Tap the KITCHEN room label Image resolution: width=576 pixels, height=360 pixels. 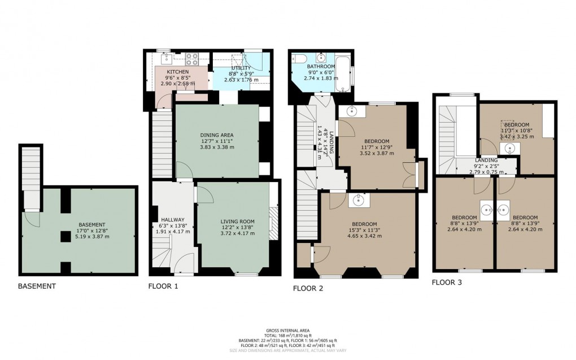[x=177, y=72]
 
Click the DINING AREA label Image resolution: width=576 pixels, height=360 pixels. [x=217, y=135]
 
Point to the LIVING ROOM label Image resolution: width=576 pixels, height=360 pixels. [x=238, y=221]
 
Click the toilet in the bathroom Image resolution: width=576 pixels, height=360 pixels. [x=299, y=58]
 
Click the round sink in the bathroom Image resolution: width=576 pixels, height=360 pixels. [x=322, y=57]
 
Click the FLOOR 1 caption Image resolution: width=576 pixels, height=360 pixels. [x=163, y=286]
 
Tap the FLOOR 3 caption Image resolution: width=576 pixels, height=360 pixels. [x=447, y=281]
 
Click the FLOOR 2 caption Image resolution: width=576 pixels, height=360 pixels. [x=308, y=288]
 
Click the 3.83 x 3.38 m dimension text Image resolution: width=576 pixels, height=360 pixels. [x=217, y=147]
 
